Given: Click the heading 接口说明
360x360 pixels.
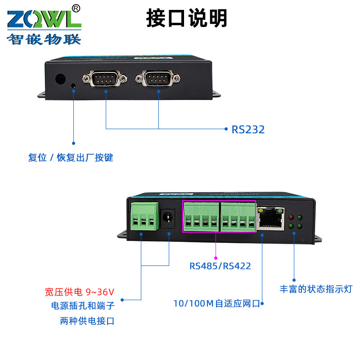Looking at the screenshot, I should [x=187, y=18].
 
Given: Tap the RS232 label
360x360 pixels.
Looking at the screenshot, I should [x=248, y=130].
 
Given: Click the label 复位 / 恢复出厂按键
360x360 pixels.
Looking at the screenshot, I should [x=71, y=158].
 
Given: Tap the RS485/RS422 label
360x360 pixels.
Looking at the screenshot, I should [x=220, y=266].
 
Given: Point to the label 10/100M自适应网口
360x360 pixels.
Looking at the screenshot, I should [x=216, y=303].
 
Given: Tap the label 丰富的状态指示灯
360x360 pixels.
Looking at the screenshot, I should [x=315, y=289].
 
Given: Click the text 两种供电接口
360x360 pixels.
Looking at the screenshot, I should [x=87, y=321].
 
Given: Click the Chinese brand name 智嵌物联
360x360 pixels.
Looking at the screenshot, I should [x=44, y=40].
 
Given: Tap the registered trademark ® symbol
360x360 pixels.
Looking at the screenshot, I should [x=76, y=8].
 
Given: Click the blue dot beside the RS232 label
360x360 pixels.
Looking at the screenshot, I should [x=226, y=129].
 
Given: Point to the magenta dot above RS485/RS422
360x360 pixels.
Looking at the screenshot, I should [x=216, y=252].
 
